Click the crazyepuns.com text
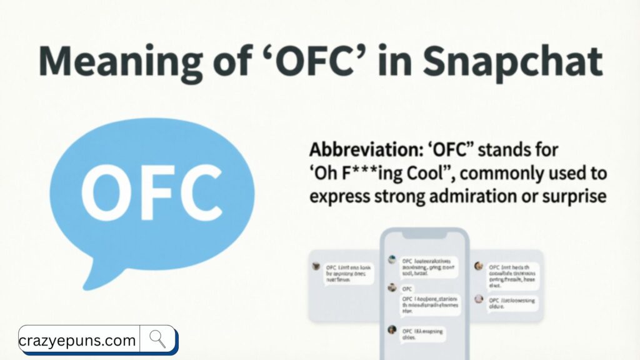77,341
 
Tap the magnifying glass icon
157,339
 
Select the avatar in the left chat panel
316,266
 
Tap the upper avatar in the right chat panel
478,266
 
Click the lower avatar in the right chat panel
478,299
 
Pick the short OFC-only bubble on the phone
407,289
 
